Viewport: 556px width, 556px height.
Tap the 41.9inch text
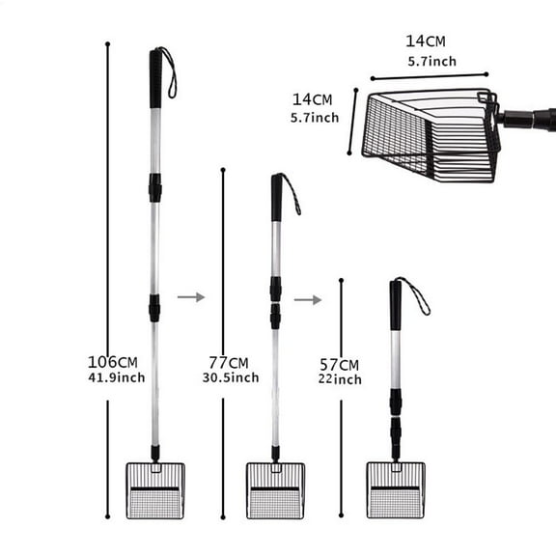[116, 377]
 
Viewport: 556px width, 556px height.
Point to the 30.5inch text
[230, 377]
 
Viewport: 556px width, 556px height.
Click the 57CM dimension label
[339, 364]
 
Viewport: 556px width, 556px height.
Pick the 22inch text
[340, 379]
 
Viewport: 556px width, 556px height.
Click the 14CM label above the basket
[425, 41]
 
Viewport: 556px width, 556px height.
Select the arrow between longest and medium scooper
[191, 296]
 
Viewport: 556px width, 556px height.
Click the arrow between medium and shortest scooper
[308, 299]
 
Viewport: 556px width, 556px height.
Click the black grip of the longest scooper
[155, 77]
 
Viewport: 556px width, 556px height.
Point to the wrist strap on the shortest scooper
[417, 295]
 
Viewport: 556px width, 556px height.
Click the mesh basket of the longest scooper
[154, 490]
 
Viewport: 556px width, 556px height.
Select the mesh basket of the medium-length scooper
[275, 490]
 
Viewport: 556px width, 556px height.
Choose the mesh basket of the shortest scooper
[395, 490]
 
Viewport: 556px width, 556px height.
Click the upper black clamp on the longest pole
[154, 186]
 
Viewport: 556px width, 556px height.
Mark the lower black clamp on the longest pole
[154, 308]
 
